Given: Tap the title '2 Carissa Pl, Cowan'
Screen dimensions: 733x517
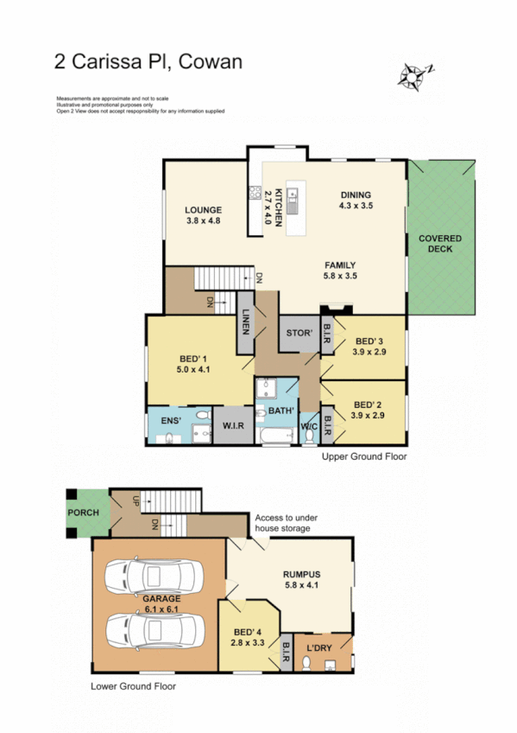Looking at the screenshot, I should [x=148, y=61].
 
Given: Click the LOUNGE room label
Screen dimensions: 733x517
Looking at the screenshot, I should [x=204, y=215].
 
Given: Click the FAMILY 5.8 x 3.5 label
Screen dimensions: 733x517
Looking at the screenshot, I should [x=340, y=271].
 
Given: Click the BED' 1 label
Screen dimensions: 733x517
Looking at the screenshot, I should [x=192, y=363].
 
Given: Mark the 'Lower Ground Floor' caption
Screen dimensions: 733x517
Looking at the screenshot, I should [x=133, y=687].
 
